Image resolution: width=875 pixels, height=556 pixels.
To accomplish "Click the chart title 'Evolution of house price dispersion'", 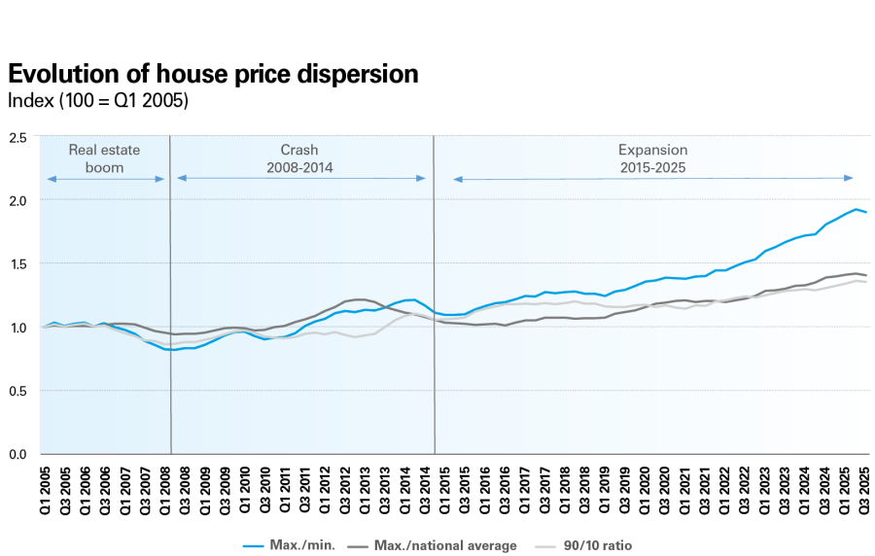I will click(213, 74).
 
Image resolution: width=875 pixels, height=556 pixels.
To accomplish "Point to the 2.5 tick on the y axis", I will click(17, 137).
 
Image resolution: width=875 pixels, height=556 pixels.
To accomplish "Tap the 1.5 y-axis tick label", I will click(17, 263).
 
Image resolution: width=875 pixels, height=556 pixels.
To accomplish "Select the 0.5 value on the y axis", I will click(17, 391).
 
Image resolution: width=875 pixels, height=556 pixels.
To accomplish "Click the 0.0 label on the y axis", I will click(17, 454).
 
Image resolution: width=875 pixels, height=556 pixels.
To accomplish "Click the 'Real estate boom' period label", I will click(104, 158).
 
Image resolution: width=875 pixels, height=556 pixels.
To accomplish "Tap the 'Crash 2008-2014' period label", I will click(299, 158).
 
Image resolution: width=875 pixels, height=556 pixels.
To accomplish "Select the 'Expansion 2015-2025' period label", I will click(652, 158).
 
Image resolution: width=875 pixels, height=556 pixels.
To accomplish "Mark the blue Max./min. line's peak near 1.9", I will click(856, 209).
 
